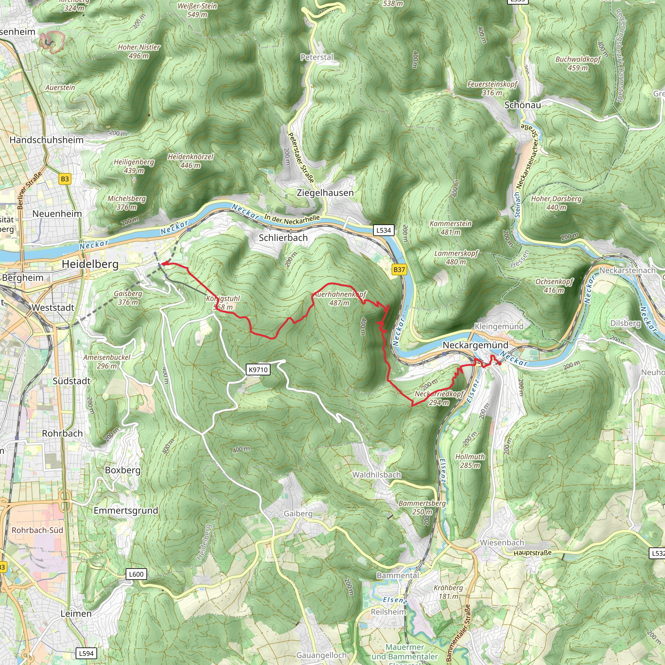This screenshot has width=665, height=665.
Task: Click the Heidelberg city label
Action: coord(90,264)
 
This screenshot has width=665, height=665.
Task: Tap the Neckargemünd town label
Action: coord(475,345)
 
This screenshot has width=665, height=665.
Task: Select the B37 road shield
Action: coord(399,270)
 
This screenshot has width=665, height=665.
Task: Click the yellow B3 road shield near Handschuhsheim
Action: coord(65,179)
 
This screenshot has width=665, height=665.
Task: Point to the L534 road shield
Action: coord(383,230)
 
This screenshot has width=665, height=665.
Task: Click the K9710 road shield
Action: coord(258,370)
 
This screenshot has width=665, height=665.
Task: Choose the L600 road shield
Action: coord(136,574)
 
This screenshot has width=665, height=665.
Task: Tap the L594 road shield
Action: coord(86,653)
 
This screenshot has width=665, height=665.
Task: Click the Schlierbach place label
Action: coord(283,238)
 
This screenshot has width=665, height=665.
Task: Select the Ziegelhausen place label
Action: coord(325,193)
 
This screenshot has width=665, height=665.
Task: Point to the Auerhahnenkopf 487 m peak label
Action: coord(339,298)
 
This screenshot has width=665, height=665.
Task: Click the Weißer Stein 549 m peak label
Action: coord(197,10)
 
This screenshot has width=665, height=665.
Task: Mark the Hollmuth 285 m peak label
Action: coord(470,461)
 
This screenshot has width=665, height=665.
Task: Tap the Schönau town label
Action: coord(522,105)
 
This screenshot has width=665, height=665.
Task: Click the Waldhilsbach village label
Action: coord(376,475)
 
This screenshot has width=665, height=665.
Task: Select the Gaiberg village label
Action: coord(298,514)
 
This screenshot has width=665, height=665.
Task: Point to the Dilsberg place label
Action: coord(625,323)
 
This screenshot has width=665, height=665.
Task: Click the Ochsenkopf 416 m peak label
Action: coord(554,286)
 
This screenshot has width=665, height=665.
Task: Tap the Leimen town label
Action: coord(76,613)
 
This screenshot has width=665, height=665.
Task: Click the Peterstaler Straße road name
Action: coord(301,157)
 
